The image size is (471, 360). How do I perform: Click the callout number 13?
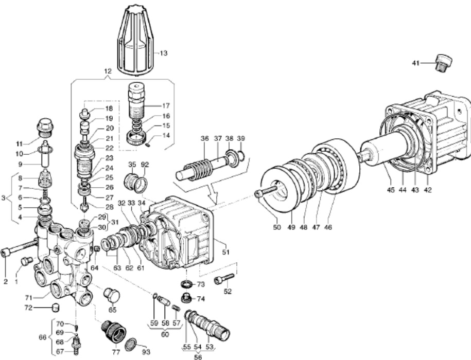[163, 53]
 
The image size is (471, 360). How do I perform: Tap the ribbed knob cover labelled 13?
[136, 39]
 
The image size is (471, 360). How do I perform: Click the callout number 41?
[416, 63]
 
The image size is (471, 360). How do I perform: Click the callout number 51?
[224, 251]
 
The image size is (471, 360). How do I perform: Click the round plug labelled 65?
[112, 296]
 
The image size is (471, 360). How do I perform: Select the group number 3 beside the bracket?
[4, 197]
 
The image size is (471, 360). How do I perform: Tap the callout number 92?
[145, 165]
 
